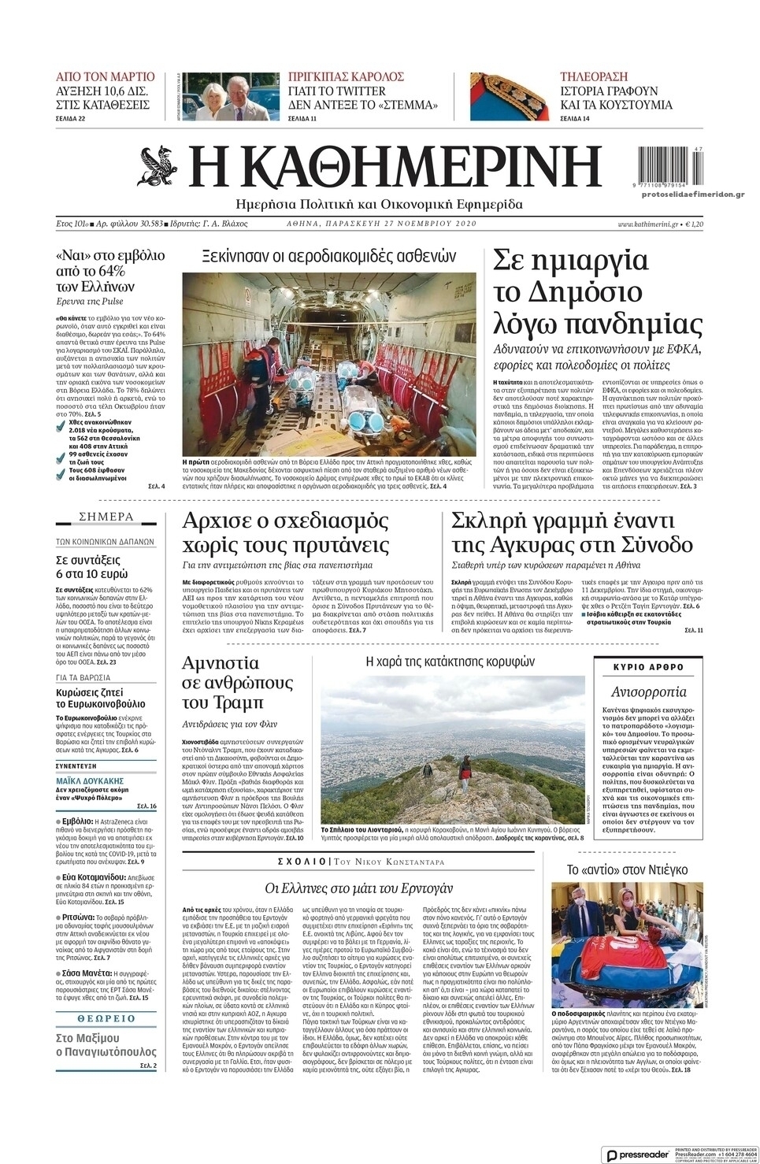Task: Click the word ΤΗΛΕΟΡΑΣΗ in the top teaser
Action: click(593, 76)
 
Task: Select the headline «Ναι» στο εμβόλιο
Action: click(109, 255)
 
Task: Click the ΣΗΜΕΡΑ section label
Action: click(106, 517)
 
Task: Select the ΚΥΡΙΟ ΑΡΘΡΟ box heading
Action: click(648, 667)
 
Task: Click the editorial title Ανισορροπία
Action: click(648, 692)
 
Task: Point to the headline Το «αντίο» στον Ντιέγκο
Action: click(627, 869)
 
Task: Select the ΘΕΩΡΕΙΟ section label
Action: click(106, 1018)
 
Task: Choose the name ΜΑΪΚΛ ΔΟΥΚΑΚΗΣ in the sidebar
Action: click(90, 780)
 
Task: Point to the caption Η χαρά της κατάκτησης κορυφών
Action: click(450, 662)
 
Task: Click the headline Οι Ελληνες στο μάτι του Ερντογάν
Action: click(358, 888)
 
